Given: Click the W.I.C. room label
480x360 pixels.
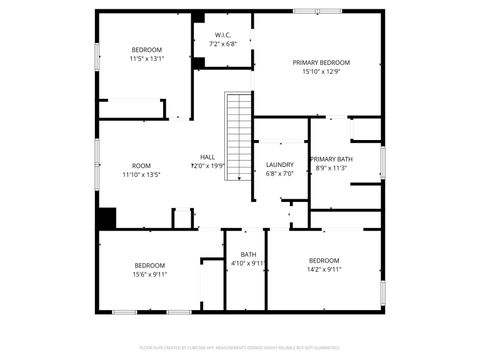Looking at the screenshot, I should tap(223, 36).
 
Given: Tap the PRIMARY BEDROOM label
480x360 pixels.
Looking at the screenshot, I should tap(321, 62).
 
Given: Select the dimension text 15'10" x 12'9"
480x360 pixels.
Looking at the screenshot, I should tap(321, 71).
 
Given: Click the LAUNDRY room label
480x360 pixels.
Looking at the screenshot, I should tap(279, 164).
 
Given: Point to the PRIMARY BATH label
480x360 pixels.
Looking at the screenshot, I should tap(331, 159).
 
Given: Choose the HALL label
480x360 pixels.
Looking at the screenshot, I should tap(207, 157).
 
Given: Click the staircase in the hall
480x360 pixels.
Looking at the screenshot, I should tap(237, 136).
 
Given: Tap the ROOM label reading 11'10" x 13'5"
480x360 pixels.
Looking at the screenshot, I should tap(141, 165).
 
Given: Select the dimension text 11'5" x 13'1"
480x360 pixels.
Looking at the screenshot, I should tap(146, 58).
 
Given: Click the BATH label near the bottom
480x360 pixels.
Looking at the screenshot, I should tap(248, 255).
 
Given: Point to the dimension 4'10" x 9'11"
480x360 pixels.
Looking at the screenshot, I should tap(248, 264).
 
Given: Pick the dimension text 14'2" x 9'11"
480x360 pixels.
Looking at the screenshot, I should tap(324, 269).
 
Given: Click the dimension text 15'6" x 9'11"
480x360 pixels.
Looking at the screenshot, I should tap(150, 274).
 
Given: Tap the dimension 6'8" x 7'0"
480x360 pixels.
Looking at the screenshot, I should tap(279, 173).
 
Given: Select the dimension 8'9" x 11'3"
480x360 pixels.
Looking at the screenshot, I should tap(331, 168).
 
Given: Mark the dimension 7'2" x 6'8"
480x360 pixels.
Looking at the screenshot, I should tap(223, 45).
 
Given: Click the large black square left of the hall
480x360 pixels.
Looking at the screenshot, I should tap(106, 218).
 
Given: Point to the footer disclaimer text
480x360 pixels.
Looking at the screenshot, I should tap(239, 348).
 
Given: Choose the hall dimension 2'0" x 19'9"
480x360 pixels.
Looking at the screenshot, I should tap(207, 166).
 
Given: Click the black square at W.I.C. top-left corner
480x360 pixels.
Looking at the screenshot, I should tap(198, 18).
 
